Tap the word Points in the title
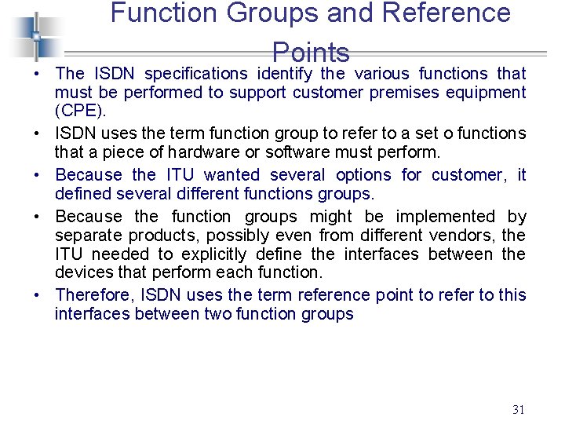pos(311,53)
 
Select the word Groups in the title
pos(260,13)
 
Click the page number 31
pos(518,409)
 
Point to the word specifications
pos(196,74)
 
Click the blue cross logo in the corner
pos(35,35)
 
